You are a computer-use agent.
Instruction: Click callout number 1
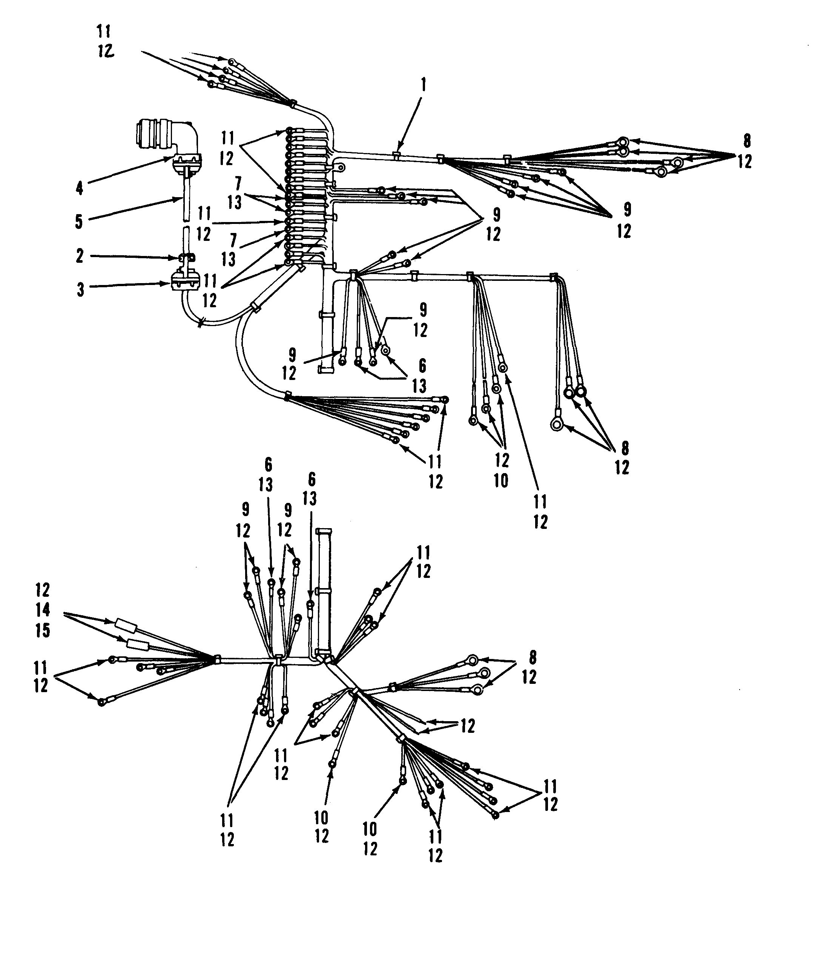(423, 86)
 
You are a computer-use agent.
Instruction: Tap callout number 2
(80, 256)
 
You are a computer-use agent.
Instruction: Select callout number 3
(80, 290)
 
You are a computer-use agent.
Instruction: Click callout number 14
(43, 610)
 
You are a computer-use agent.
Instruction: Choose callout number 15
(43, 630)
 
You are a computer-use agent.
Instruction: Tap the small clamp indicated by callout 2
(186, 257)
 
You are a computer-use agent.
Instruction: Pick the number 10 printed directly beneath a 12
(501, 481)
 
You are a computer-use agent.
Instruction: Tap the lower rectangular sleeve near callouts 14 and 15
(138, 645)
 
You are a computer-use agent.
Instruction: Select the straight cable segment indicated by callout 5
(186, 195)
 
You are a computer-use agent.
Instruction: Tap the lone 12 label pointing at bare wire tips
(468, 726)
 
